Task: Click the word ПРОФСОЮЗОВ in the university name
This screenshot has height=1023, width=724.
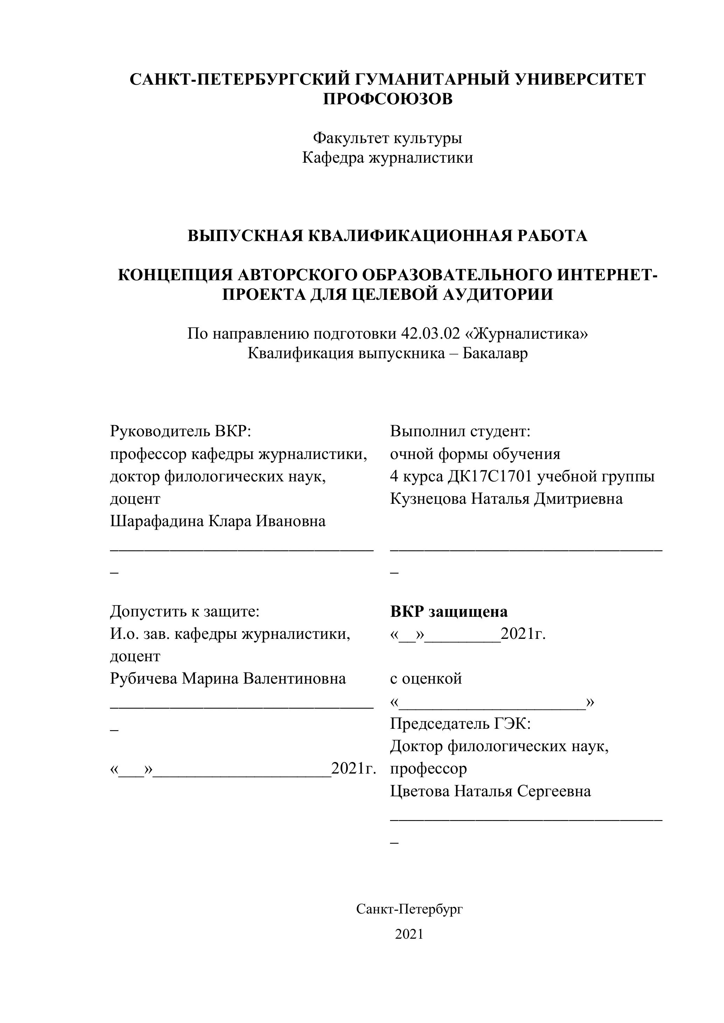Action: pos(388,99)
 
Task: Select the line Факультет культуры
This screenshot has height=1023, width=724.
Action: pos(388,138)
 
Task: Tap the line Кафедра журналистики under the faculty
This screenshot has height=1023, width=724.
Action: pos(388,158)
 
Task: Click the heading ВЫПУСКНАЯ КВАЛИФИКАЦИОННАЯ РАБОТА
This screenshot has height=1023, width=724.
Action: pos(388,236)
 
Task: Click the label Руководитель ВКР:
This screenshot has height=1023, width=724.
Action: pos(181,431)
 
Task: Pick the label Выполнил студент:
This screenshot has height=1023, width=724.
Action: pos(460,431)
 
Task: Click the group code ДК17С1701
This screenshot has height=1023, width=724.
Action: pos(490,476)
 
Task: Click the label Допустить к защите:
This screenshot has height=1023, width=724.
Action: pos(185,611)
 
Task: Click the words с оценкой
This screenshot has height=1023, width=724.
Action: pos(426,679)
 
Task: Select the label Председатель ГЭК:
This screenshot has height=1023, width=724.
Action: pos(460,724)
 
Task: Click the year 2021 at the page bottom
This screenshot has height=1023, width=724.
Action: pos(409,934)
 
